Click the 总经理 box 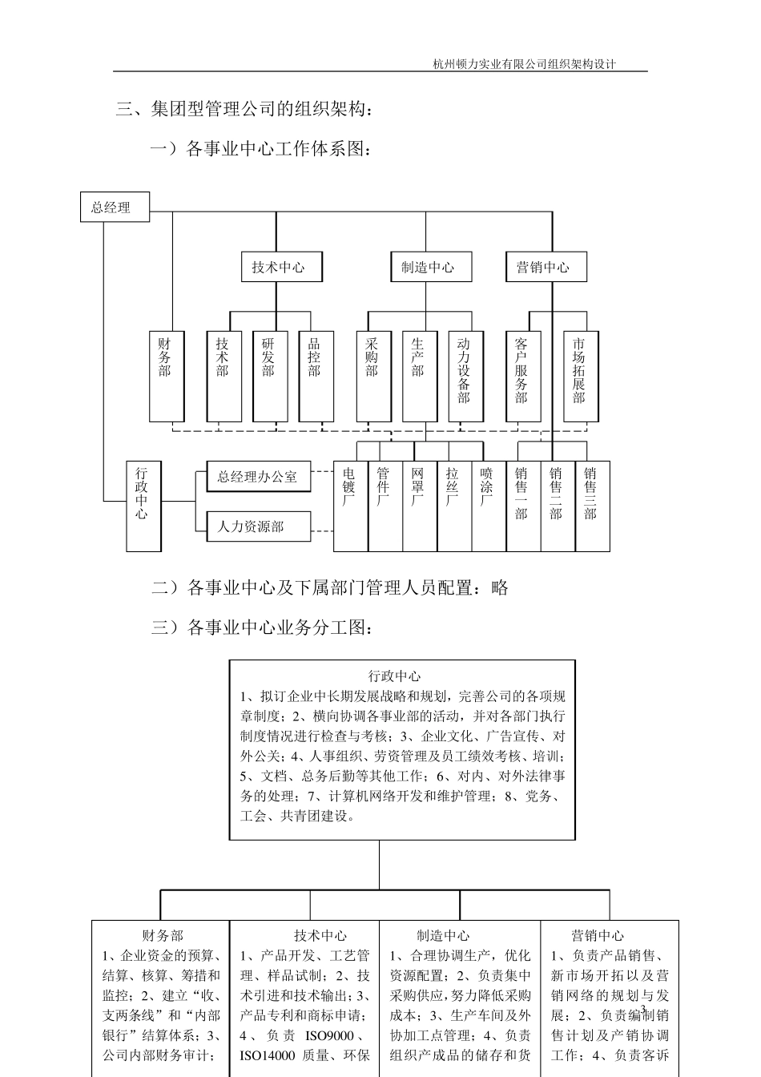pyautogui.click(x=115, y=208)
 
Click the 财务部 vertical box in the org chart pyautogui.click(x=166, y=377)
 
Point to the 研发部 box pyautogui.click(x=269, y=377)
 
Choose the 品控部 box pyautogui.click(x=316, y=377)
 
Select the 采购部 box pyautogui.click(x=373, y=377)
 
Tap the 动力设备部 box pyautogui.click(x=465, y=377)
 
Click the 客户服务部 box pyautogui.click(x=523, y=377)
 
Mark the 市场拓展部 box pyautogui.click(x=581, y=377)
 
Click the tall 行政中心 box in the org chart pyautogui.click(x=143, y=506)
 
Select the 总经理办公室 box pyautogui.click(x=258, y=477)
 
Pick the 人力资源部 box pyautogui.click(x=258, y=526)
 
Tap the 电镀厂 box pyautogui.click(x=350, y=506)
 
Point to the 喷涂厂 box pyautogui.click(x=488, y=506)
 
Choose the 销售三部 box pyautogui.click(x=592, y=506)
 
